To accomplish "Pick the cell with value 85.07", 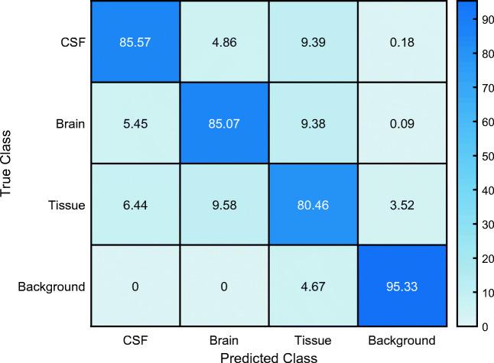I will tap(223, 123).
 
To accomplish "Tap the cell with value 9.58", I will tap(223, 206).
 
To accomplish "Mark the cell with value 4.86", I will tap(223, 41).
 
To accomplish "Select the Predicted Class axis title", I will tap(267, 355).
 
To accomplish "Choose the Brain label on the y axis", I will tap(71, 123).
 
